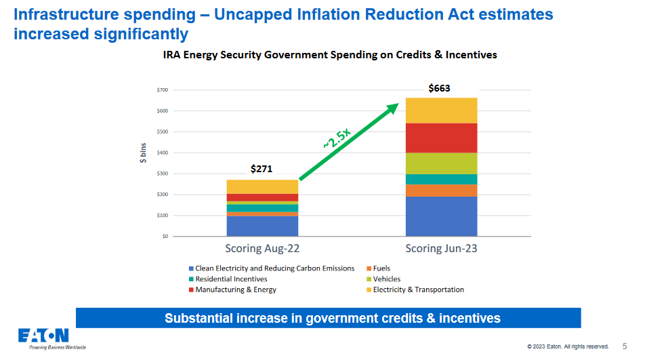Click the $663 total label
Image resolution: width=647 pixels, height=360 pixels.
439,88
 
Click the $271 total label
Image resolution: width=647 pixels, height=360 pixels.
262,169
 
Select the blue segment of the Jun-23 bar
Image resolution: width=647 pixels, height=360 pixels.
440,216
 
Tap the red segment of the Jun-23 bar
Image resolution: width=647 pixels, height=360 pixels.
440,138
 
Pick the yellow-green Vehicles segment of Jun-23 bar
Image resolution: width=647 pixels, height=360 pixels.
440,163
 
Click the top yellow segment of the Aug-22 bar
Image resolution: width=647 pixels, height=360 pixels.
262,186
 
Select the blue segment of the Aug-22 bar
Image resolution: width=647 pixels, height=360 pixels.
262,226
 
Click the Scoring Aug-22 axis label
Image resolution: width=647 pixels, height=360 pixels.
262,249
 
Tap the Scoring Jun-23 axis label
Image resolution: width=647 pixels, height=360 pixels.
441,249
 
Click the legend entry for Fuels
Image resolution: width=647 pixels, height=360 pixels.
381,268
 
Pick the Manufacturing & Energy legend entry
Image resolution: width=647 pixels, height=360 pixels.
235,289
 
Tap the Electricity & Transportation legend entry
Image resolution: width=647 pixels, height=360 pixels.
418,289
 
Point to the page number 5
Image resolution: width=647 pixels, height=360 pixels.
625,346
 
